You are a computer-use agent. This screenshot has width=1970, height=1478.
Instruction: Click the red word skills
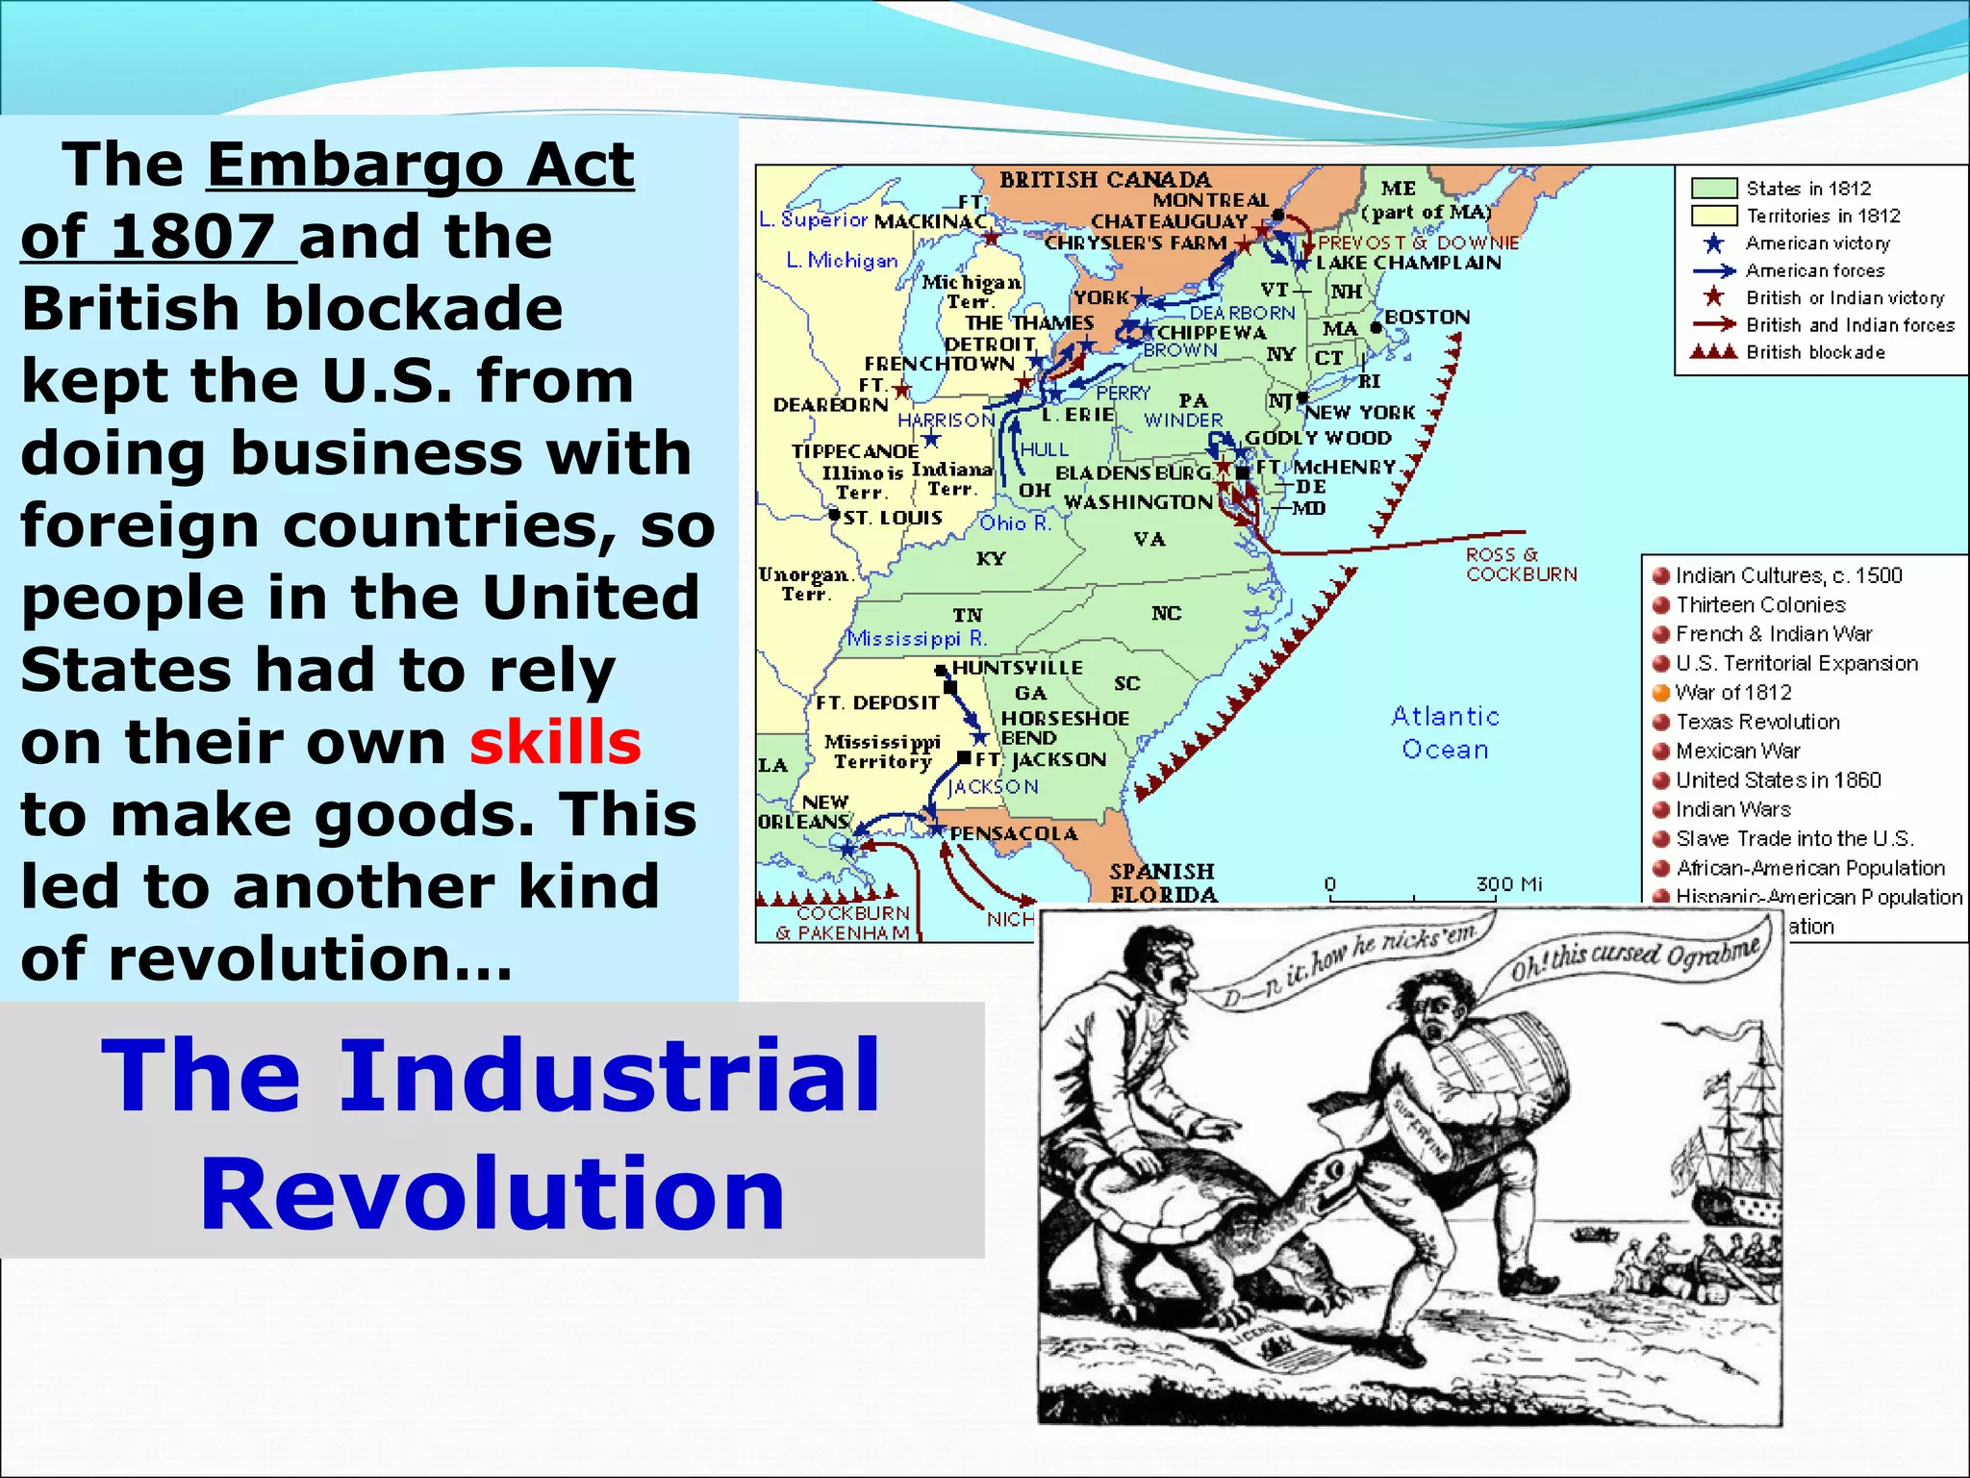pos(555,742)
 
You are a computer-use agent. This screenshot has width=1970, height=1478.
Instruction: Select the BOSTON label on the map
pos(1427,318)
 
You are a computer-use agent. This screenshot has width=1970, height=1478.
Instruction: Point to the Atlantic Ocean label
pos(1445,732)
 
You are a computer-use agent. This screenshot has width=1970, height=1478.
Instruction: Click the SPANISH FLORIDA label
pos(1163,882)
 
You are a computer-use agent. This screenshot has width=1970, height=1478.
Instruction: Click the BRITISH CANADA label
pos(1105,180)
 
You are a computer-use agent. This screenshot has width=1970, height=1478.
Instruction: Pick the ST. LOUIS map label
pos(892,518)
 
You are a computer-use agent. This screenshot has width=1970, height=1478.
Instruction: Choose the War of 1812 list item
pos(1732,692)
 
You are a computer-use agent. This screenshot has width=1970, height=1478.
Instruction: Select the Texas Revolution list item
pos(1756,722)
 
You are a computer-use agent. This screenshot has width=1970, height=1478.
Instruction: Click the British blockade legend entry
pos(1814,352)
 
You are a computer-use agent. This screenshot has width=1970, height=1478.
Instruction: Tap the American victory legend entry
pos(1816,243)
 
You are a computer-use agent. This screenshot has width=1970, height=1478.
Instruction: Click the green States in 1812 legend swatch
pos(1713,189)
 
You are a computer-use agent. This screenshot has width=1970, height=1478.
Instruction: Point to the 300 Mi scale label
pos(1508,883)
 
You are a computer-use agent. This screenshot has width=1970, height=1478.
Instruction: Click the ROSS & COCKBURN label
pos(1521,564)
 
